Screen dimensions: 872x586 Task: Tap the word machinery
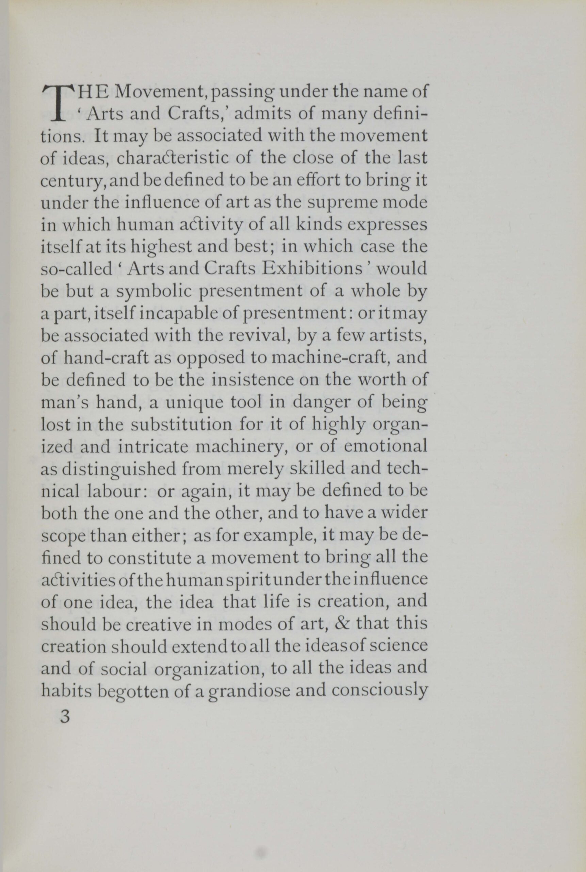pyautogui.click(x=241, y=446)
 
